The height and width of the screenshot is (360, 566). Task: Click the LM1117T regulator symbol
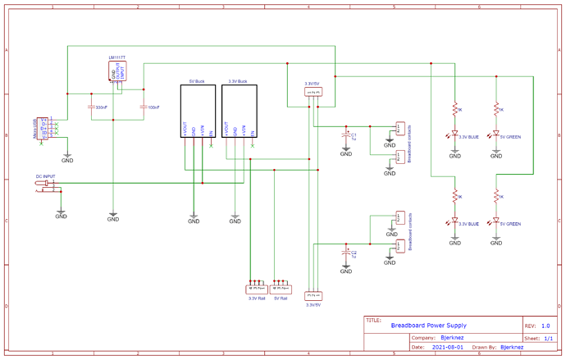[x=117, y=71]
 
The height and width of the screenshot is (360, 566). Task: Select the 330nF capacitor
[x=91, y=107]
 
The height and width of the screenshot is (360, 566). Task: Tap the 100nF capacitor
[x=143, y=107]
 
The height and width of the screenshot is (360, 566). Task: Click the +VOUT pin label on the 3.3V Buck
[x=226, y=129]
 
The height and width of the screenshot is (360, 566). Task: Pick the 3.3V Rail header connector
[x=257, y=289]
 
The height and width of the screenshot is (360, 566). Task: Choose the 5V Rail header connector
[x=281, y=289]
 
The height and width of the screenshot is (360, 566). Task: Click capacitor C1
[x=346, y=134]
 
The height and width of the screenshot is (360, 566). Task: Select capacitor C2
[x=346, y=253]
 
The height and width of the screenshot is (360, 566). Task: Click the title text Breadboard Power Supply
[x=428, y=326]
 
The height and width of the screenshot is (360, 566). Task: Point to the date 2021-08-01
[x=447, y=347]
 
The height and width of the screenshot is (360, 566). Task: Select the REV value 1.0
[x=545, y=326]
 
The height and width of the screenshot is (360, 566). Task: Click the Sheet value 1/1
[x=547, y=337]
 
